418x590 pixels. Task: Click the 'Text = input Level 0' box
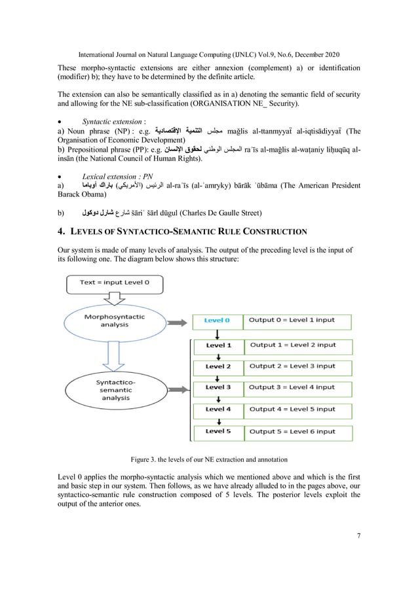pos(115,283)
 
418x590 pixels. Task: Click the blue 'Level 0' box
pos(217,321)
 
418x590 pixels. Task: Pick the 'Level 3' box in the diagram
pos(218,387)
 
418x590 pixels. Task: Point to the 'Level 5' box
pos(218,431)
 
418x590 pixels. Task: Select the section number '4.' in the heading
pos(63,231)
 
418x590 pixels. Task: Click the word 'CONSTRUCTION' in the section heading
pos(278,232)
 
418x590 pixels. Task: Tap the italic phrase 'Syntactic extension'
pos(111,122)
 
